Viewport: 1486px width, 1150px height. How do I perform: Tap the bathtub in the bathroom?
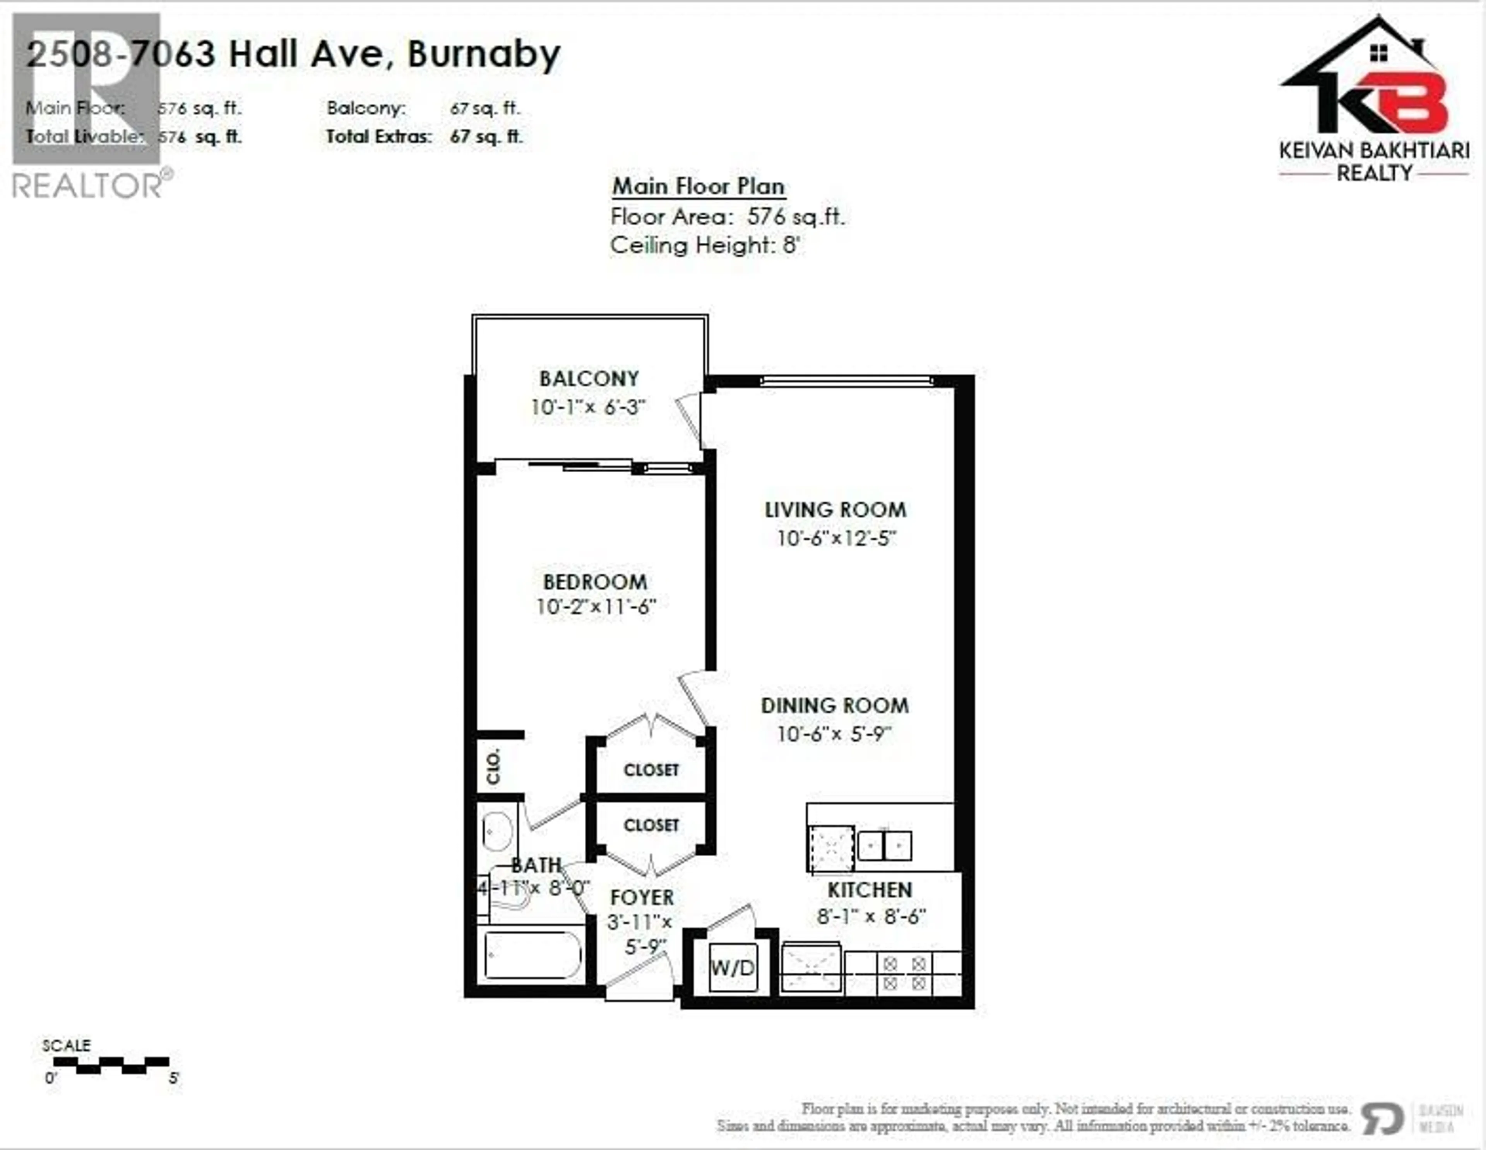click(x=533, y=955)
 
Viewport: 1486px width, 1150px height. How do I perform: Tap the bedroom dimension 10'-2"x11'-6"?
click(x=595, y=606)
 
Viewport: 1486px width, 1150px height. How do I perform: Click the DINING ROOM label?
click(x=835, y=706)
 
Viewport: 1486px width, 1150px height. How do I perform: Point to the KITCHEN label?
click(x=870, y=889)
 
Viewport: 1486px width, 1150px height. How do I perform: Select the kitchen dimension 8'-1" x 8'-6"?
click(x=871, y=917)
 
